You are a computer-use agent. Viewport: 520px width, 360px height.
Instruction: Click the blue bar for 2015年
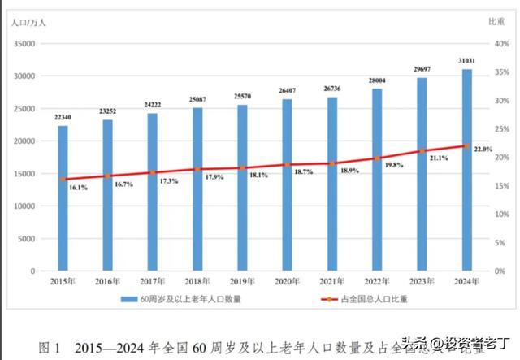63,198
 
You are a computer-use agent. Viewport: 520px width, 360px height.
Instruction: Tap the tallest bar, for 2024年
467,170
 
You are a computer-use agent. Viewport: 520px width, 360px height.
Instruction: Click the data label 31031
467,61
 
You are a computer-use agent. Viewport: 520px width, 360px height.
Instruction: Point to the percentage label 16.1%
78,188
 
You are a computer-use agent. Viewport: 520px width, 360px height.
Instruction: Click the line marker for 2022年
377,158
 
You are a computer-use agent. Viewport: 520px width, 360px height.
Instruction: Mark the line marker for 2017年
153,172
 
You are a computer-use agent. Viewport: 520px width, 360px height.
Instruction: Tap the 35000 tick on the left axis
26,44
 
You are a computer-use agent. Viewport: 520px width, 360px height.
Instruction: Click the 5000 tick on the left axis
28,239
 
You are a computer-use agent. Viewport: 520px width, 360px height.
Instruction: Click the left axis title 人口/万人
28,21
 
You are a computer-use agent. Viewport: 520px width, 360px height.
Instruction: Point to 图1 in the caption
50,348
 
